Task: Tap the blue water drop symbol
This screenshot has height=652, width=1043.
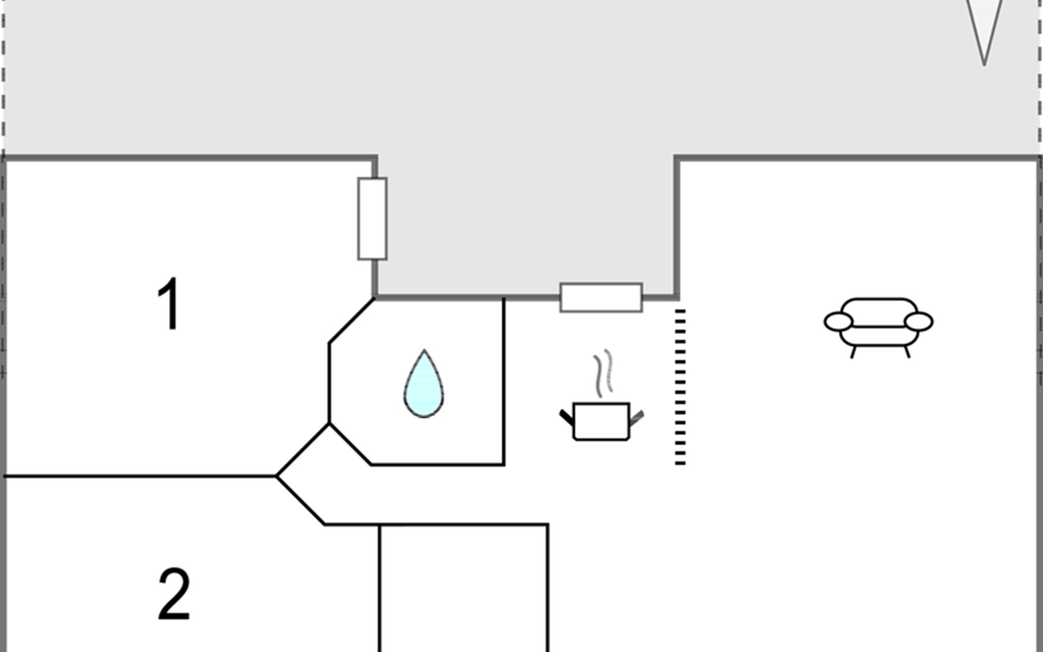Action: [424, 384]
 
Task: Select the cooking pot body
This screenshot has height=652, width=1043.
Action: [601, 421]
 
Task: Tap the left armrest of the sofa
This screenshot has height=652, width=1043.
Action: [838, 322]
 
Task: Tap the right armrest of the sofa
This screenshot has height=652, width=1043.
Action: [919, 322]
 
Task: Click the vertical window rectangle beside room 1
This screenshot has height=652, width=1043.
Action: [373, 218]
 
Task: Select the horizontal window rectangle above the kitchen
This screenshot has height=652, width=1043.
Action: [601, 298]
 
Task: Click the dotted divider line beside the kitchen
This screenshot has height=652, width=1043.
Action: [680, 387]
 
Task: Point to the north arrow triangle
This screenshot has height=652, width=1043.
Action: [984, 30]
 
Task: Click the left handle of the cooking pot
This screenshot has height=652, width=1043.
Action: [567, 417]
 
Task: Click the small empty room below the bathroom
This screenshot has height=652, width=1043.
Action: [463, 588]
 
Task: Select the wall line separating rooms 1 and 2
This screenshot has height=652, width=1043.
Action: [140, 477]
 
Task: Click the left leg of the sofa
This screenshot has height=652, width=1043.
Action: [853, 352]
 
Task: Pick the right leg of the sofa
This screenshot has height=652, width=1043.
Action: [907, 352]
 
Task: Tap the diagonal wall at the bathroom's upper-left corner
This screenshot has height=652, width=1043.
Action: [351, 321]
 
